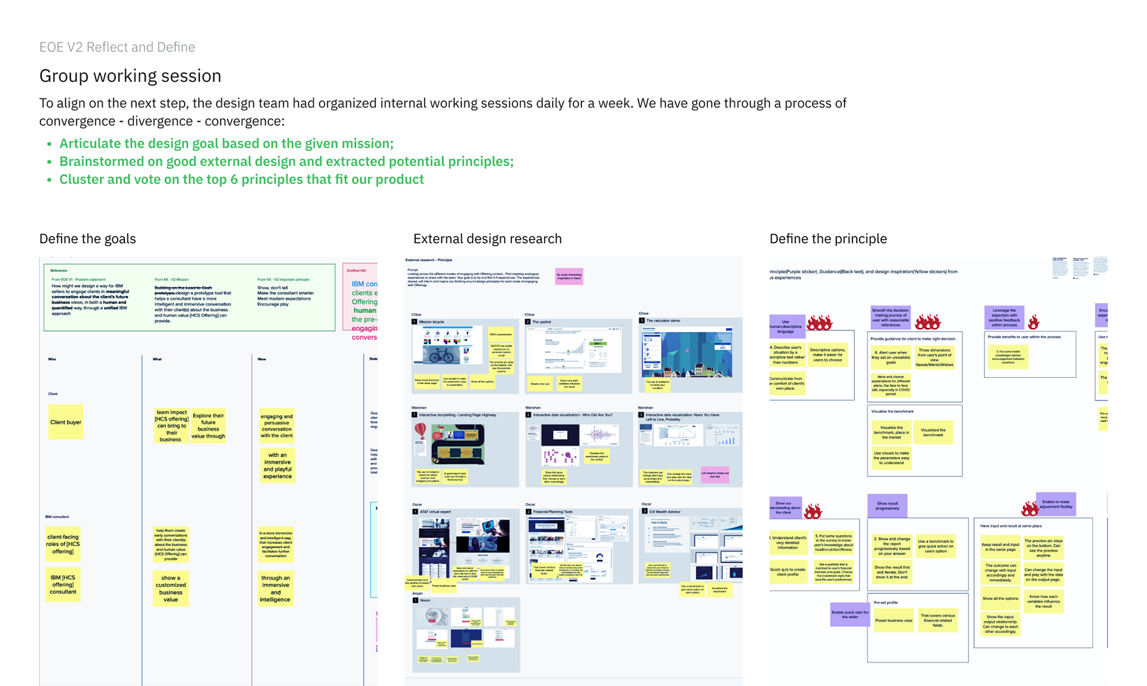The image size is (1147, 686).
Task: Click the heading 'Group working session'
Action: [x=130, y=76]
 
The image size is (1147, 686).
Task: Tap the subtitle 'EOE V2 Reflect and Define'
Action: [x=117, y=47]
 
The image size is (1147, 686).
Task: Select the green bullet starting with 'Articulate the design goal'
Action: [x=226, y=143]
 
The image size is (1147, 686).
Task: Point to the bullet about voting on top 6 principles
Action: [x=241, y=179]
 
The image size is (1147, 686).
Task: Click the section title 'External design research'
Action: [x=487, y=238]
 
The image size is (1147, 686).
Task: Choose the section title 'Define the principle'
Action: [x=828, y=238]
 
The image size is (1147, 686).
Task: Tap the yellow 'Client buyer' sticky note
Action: [x=66, y=422]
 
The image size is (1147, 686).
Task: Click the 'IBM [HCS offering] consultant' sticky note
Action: [x=63, y=584]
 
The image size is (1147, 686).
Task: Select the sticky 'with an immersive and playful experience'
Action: [x=277, y=465]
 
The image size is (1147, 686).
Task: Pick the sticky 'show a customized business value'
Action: [x=171, y=589]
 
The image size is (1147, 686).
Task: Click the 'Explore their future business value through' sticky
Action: [x=208, y=425]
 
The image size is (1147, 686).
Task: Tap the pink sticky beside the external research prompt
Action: [x=569, y=276]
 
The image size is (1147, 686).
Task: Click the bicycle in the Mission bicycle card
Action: [x=441, y=355]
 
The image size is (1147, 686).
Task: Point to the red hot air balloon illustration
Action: [x=421, y=431]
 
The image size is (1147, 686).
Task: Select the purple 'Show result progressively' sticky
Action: [x=887, y=506]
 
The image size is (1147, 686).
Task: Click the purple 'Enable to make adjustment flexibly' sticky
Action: [x=1056, y=504]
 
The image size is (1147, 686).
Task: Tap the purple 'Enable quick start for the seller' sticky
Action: [x=849, y=614]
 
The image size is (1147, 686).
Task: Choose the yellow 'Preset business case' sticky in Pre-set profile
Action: [x=894, y=620]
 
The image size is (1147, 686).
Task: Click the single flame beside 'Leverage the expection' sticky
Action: [x=1033, y=322]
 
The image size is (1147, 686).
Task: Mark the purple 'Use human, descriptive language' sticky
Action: [x=787, y=326]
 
